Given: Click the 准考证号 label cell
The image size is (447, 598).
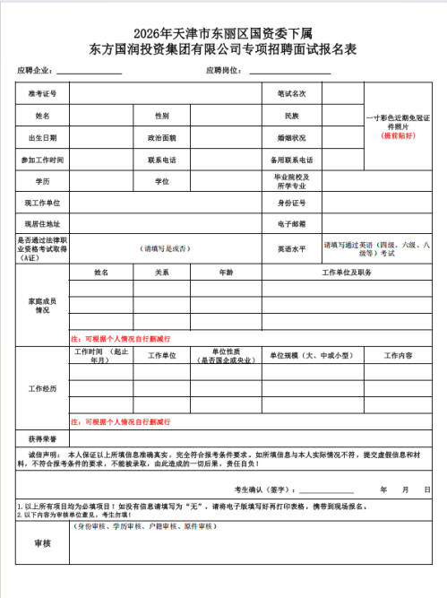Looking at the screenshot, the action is click(42, 93).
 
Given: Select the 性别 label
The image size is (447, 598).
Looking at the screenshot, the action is click(162, 116).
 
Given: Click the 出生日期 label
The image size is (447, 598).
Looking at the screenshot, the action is click(42, 138).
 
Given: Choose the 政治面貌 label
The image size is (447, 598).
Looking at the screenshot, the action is click(162, 138).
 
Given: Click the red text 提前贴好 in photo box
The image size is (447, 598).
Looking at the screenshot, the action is click(400, 135).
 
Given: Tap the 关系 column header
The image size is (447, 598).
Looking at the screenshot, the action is click(162, 272).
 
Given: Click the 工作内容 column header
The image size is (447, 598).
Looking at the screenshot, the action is click(399, 356).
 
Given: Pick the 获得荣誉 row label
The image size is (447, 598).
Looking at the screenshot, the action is click(42, 439).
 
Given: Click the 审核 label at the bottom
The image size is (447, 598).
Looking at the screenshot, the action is click(42, 543).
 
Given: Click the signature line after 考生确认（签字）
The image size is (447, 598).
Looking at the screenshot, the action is click(327, 490).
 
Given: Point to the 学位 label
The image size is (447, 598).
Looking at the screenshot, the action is click(162, 182).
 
